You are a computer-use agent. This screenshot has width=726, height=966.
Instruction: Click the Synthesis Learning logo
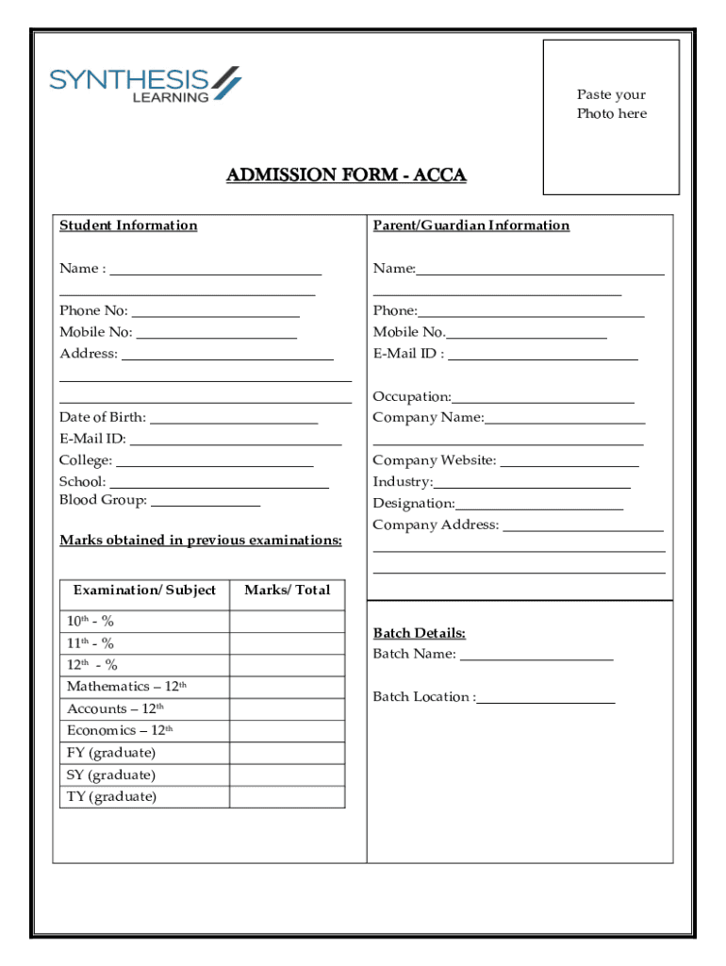pos(145,83)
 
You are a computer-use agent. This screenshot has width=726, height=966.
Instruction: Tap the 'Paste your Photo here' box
pos(611,116)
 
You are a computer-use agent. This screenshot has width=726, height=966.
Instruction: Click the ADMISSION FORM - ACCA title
pos(346,175)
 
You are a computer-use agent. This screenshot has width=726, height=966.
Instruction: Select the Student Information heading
pos(128,225)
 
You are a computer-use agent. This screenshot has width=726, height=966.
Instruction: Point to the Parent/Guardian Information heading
pos(470,225)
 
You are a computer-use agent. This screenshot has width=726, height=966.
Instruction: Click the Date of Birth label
pos(103,418)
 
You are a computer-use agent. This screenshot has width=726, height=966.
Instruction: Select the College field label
pos(86,461)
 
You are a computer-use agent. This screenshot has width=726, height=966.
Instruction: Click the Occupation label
pos(411,397)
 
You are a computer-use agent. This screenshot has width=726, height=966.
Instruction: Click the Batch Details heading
pos(419,633)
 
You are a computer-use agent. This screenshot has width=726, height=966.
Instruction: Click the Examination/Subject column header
pos(144,591)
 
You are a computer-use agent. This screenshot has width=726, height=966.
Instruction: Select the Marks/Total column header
pos(287,591)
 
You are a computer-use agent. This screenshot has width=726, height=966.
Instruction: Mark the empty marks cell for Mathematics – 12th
pos(287,687)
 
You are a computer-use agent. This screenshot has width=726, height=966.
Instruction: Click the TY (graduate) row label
pos(111,797)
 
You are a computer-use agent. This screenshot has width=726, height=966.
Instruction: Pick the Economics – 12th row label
pos(120,731)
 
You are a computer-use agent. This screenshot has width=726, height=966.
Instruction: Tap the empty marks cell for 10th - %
pos(287,622)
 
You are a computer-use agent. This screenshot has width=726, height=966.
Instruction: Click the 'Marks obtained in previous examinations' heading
pos(201,541)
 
